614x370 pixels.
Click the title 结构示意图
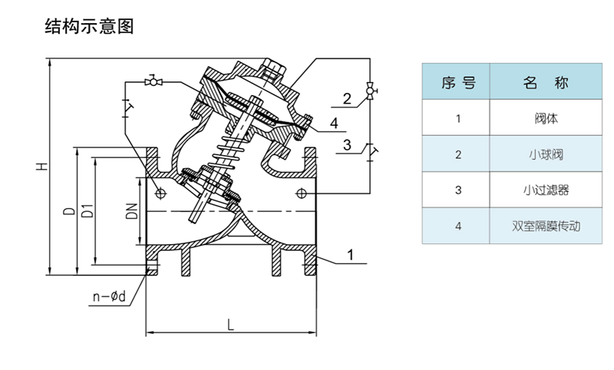90,27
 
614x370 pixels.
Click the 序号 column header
458,83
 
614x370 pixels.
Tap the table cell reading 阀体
546,119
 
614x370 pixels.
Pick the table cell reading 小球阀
546,154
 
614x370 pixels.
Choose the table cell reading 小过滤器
546,190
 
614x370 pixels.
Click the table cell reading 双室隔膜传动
546,226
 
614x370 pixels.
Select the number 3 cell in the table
458,190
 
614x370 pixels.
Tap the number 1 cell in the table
458,119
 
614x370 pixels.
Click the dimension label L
230,322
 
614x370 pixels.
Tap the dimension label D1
88,210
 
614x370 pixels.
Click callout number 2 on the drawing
347,98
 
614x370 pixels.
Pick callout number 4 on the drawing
334,123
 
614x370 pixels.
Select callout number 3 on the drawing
347,145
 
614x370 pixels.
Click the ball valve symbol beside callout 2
370,91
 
